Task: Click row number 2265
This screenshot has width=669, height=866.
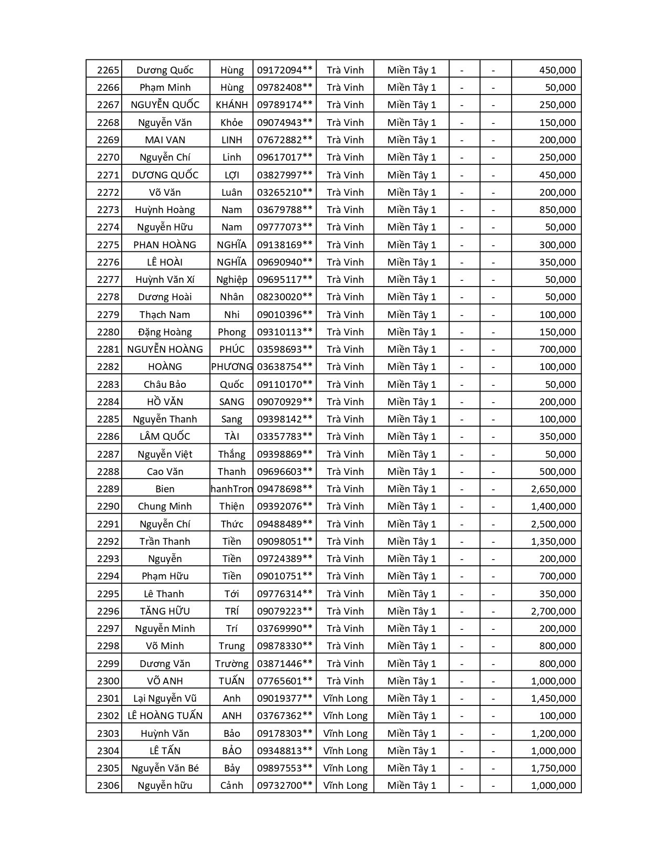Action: tap(108, 70)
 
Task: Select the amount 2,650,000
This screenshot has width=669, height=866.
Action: tap(553, 489)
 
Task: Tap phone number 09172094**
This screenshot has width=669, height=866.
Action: tap(284, 70)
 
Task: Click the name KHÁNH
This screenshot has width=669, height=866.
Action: tap(231, 104)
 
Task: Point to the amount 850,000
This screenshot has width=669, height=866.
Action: tap(557, 209)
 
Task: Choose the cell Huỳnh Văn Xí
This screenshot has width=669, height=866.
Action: tap(165, 279)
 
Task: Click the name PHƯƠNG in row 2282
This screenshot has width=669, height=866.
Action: tap(231, 366)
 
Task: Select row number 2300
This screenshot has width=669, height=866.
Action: tap(108, 681)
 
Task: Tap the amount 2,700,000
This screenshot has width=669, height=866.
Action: tap(553, 611)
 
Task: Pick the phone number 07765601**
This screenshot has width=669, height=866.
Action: tap(284, 681)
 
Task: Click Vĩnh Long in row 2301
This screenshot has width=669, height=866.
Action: tap(345, 698)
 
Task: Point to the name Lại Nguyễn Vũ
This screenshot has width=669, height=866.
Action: tap(165, 698)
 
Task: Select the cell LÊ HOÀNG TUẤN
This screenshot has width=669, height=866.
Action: tap(165, 715)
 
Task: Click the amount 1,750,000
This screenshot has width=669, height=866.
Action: tap(553, 768)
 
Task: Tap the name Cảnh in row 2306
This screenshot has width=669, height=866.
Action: tap(231, 785)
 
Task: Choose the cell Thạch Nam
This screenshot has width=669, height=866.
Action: tap(165, 314)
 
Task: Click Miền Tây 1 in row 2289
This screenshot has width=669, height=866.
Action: tap(411, 489)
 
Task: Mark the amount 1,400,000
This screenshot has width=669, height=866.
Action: tap(553, 506)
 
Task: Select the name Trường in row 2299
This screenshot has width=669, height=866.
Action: tap(231, 663)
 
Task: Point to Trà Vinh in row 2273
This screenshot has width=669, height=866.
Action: tap(345, 209)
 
